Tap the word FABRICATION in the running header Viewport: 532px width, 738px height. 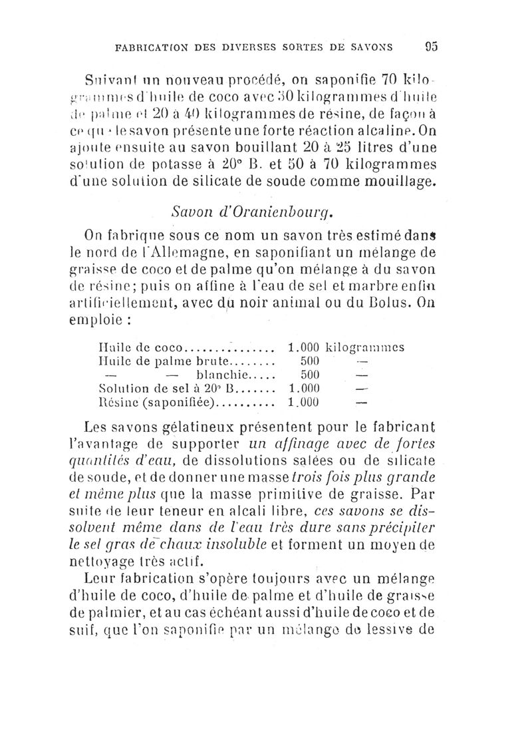152,48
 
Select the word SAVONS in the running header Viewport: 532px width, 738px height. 370,48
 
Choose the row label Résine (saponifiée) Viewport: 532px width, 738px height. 157,402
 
